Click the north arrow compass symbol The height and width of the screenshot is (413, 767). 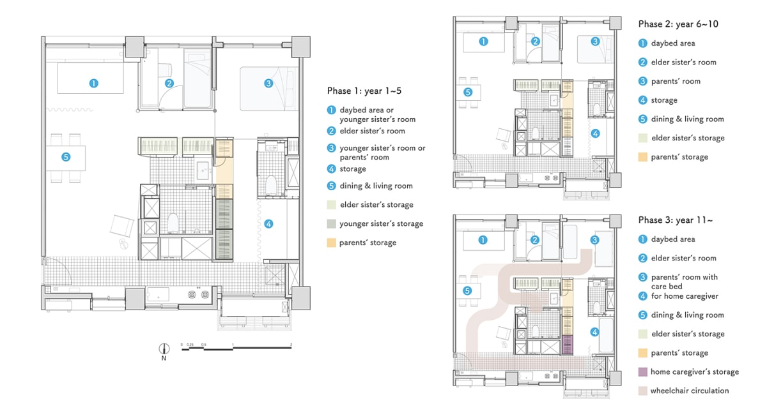pos(164,349)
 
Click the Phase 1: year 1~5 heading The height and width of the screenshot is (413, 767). pos(364,91)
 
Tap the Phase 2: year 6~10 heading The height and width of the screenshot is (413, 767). pos(678,24)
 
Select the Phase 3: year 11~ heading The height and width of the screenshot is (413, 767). pos(675,220)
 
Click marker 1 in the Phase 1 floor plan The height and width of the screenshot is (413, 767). pos(93,84)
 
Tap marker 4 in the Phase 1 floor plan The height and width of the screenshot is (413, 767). pos(268,224)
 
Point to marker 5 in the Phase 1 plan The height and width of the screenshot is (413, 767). pos(66,157)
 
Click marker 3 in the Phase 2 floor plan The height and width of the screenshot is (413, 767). pos(595,41)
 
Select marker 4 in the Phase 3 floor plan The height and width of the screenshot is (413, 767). pos(594,332)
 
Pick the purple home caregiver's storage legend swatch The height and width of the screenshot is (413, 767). pos(643,372)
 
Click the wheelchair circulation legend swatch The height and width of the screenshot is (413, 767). pos(643,391)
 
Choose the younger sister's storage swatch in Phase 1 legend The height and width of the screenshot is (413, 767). pos(331,224)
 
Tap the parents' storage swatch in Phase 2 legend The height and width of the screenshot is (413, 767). pos(643,157)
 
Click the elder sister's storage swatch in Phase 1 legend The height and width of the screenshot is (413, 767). pos(331,205)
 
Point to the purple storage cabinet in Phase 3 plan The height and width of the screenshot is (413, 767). pos(568,345)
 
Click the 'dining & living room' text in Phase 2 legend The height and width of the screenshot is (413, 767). pos(687,119)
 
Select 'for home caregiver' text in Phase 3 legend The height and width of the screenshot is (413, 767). pos(685,296)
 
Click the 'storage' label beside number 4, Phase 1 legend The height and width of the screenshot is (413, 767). pos(353,169)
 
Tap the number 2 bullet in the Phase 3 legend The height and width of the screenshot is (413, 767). pos(643,258)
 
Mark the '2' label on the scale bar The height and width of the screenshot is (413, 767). pos(291,344)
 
